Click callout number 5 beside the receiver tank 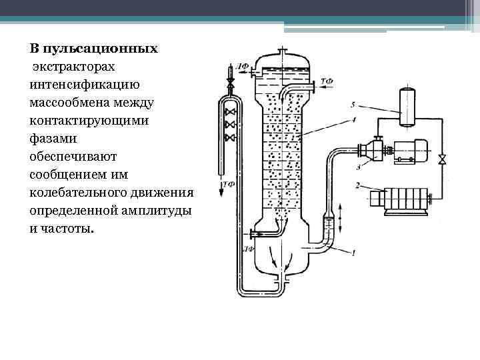tap(353, 105)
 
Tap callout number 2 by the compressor tap(358, 185)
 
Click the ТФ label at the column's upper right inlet tap(327, 81)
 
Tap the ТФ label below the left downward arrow tap(229, 184)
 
